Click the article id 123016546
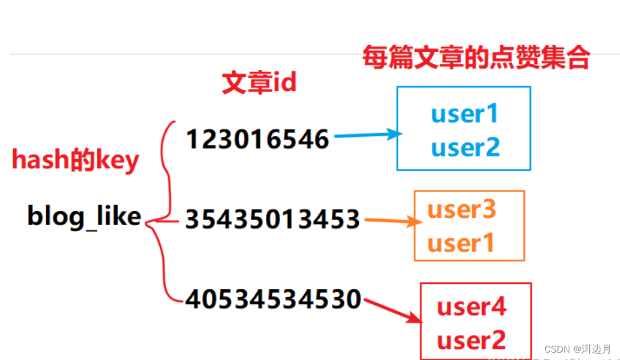257,140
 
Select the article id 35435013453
273,218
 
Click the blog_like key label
84,216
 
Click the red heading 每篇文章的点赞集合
476,58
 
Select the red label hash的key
76,160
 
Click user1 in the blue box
465,114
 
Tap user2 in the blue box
465,146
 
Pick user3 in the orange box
462,210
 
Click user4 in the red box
472,307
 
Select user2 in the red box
472,340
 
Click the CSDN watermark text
577,349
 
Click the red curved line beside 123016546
163,155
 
